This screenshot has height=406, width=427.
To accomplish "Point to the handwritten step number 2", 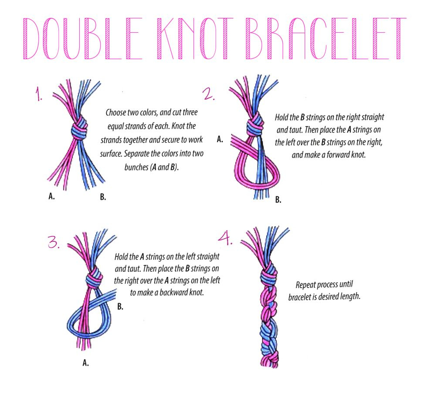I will pos(208,93).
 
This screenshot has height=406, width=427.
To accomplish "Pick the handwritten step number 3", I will pos(53,242).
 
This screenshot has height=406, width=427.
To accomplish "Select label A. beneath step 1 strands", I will pos(51,196).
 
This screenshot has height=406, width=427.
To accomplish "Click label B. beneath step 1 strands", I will pos(103,197).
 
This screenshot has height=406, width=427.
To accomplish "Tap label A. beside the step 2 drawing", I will pos(220,140).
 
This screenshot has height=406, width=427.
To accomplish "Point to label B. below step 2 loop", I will pos(278,200).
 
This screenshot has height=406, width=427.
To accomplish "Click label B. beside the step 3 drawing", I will pos(120,307).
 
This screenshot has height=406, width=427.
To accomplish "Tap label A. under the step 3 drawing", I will pos(86,362).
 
